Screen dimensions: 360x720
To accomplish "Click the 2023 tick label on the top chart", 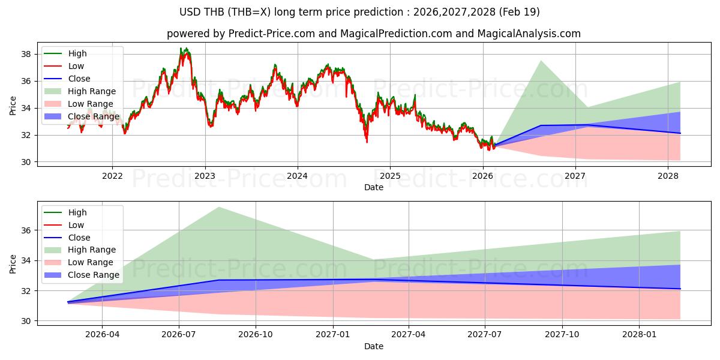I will pyautogui.click(x=205, y=176).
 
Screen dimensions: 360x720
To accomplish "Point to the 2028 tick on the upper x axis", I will pyautogui.click(x=668, y=176).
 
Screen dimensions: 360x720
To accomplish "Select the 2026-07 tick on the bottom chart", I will pyautogui.click(x=179, y=334).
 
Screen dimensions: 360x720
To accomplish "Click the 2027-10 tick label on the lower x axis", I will pyautogui.click(x=563, y=334).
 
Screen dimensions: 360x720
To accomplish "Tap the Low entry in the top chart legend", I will pyautogui.click(x=76, y=66).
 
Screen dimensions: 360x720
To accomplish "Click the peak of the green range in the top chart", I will pyautogui.click(x=541, y=61).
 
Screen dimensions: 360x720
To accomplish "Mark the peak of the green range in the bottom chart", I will pyautogui.click(x=218, y=207).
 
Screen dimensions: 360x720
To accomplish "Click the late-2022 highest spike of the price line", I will pyautogui.click(x=181, y=48).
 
